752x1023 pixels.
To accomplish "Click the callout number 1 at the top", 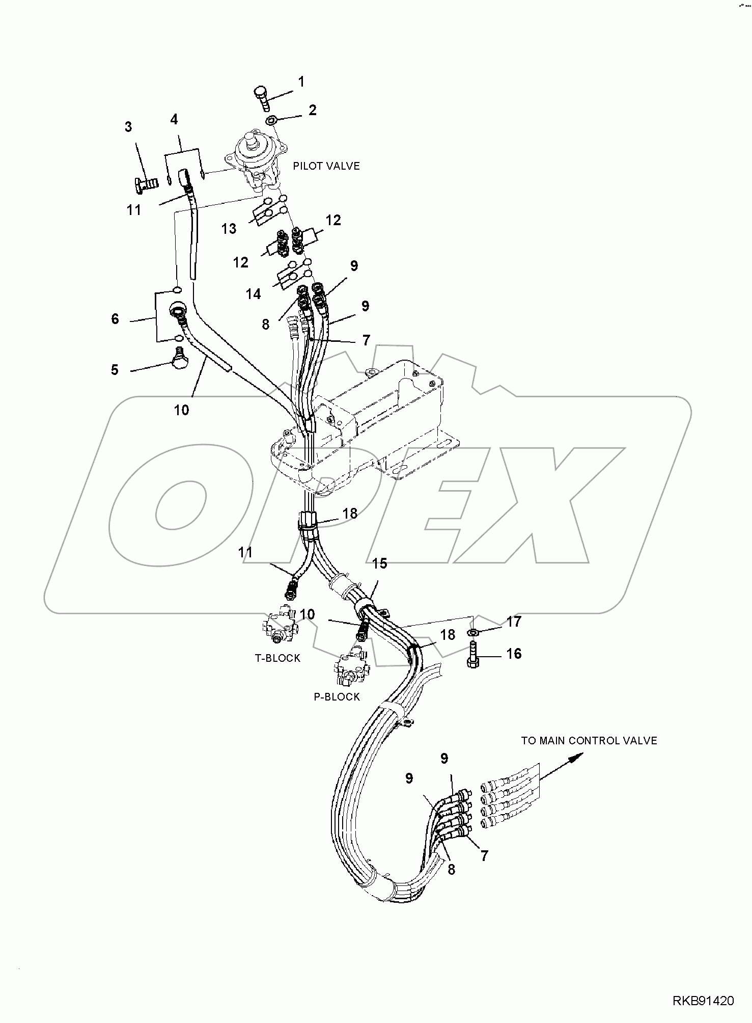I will coord(301,82).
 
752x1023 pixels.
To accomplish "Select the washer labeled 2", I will coord(272,121).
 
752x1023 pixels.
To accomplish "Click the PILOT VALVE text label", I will coord(326,166).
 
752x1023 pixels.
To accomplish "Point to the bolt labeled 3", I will coord(145,183).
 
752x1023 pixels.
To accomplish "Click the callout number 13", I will coord(229,229).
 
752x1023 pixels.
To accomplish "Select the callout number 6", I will coord(115,319).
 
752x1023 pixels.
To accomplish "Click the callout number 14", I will coord(253,294).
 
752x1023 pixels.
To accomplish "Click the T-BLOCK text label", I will coord(277,658).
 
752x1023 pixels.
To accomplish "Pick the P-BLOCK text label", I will coord(337,697).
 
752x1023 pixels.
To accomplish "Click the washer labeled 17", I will coord(473,633).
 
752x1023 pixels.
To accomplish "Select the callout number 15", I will coord(379,563).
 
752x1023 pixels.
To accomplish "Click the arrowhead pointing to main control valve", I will coord(574,759).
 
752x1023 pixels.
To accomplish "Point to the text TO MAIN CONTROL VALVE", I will coord(589,741).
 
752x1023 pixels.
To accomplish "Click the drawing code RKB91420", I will coord(703,1002).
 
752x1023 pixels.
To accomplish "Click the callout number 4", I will coord(174,120).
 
